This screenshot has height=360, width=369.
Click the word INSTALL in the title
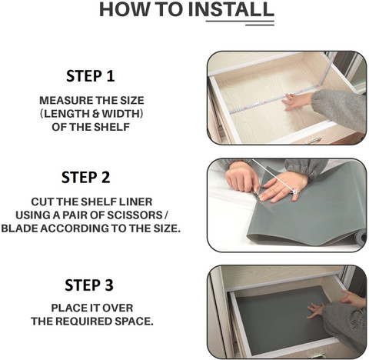pyautogui.click(x=231, y=9)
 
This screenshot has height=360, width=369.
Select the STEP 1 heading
pyautogui.click(x=90, y=76)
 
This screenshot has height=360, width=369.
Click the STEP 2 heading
pyautogui.click(x=86, y=178)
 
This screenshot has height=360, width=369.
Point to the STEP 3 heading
pyautogui.click(x=89, y=285)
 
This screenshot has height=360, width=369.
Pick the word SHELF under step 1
pyautogui.click(x=111, y=127)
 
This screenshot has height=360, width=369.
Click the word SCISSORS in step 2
pyautogui.click(x=135, y=215)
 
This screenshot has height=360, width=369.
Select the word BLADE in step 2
pyautogui.click(x=19, y=228)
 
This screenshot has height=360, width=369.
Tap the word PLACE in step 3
pyautogui.click(x=68, y=308)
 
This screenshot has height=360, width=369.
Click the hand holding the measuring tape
pyautogui.click(x=298, y=101)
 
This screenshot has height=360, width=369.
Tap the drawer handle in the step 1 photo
pyautogui.click(x=313, y=140)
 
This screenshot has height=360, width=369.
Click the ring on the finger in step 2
pyautogui.click(x=295, y=191)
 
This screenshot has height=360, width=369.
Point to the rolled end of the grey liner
pyautogui.click(x=361, y=238)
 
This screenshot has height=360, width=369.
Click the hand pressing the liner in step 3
pyautogui.click(x=317, y=310)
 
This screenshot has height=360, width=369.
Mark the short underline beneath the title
pyautogui.click(x=260, y=25)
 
